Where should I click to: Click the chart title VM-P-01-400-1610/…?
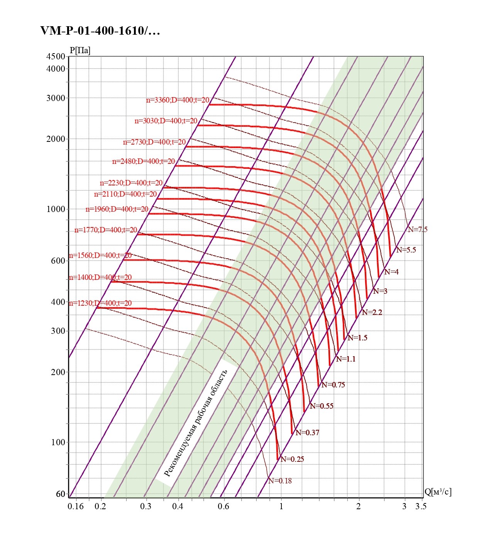pyautogui.click(x=100, y=31)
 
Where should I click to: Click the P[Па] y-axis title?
pyautogui.click(x=80, y=50)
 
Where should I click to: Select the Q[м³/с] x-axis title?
pyautogui.click(x=438, y=491)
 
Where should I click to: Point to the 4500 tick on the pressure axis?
pyautogui.click(x=56, y=56)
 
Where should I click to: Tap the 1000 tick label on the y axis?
pyautogui.click(x=56, y=209)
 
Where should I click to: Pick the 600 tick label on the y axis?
pyautogui.click(x=58, y=261)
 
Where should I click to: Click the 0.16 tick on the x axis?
pyautogui.click(x=76, y=506)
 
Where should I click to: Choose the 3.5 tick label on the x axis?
pyautogui.click(x=421, y=506)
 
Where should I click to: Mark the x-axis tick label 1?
pyautogui.click(x=281, y=506)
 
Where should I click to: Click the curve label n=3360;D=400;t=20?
pyautogui.click(x=178, y=100)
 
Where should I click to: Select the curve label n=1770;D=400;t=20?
pyautogui.click(x=106, y=230)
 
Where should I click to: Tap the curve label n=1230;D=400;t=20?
pyautogui.click(x=100, y=303)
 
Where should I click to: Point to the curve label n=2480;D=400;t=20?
pyautogui.click(x=144, y=161)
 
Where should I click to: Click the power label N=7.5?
pyautogui.click(x=418, y=229)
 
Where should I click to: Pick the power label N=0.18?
pyautogui.click(x=280, y=481)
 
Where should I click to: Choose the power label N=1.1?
pyautogui.click(x=346, y=359)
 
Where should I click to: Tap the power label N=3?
pyautogui.click(x=380, y=291)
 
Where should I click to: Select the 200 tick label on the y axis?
pyautogui.click(x=58, y=372)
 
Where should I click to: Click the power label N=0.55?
pyautogui.click(x=322, y=406)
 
